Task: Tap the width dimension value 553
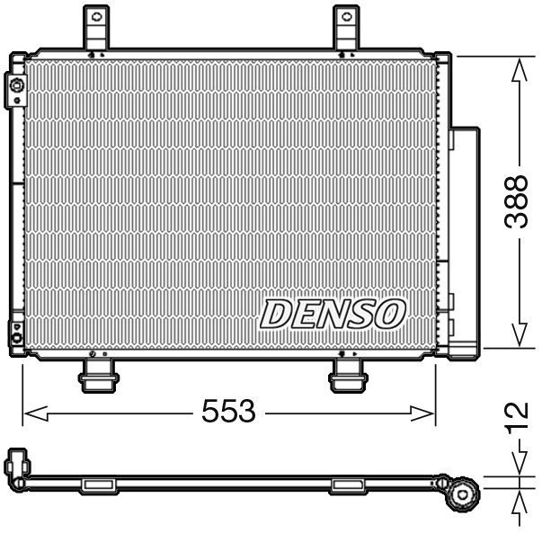(228, 413)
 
